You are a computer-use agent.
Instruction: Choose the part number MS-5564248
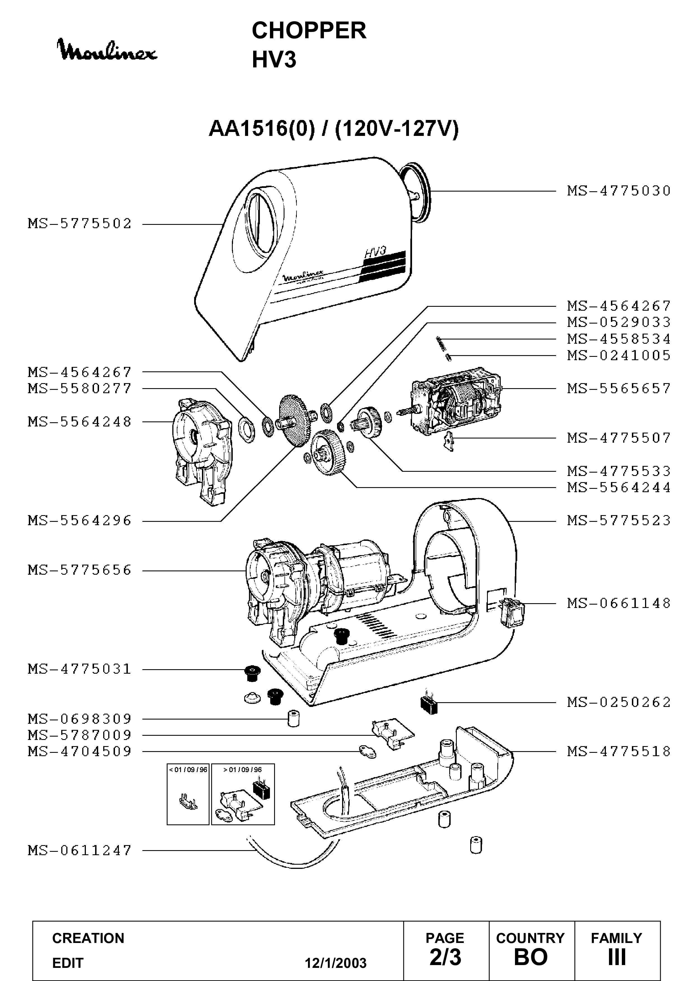point(80,422)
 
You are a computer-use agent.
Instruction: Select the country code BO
point(531,957)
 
